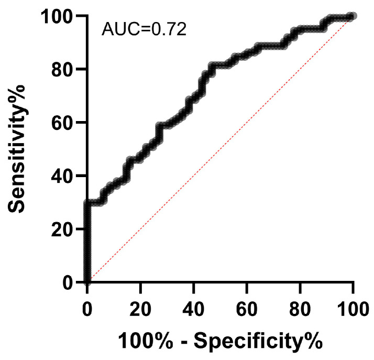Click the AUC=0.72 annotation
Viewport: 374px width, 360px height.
click(144, 27)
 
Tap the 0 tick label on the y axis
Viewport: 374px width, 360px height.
click(73, 282)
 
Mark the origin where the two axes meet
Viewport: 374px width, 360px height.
click(87, 282)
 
